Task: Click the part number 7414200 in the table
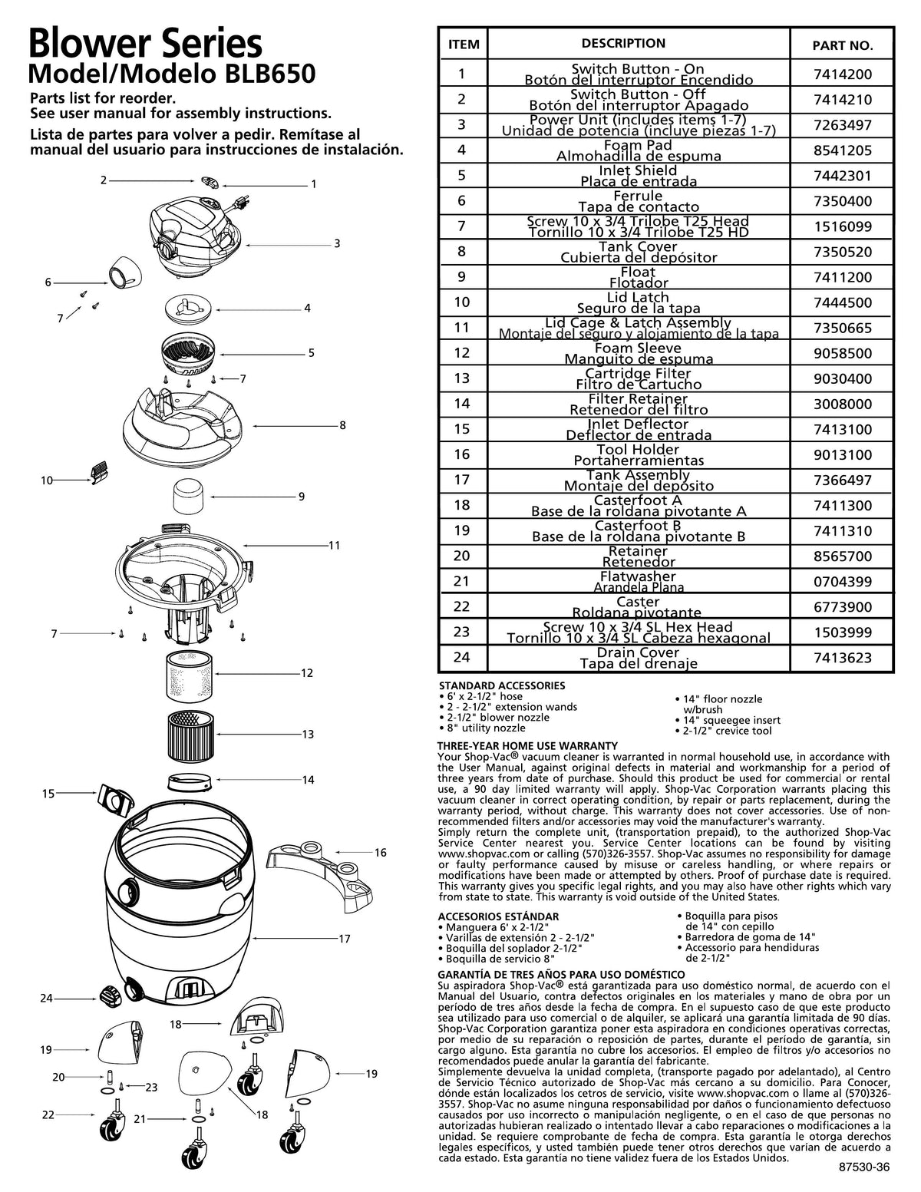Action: tap(842, 74)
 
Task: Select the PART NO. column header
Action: tap(842, 45)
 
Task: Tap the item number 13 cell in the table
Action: tap(462, 378)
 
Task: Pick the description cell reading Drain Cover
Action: tap(638, 658)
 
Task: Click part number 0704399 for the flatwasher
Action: tap(842, 582)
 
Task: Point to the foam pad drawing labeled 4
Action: tap(189, 306)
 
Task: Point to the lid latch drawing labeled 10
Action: tap(97, 473)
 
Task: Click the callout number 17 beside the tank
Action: tap(345, 938)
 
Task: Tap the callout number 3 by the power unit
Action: tap(336, 243)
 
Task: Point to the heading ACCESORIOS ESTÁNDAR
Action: tap(498, 916)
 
